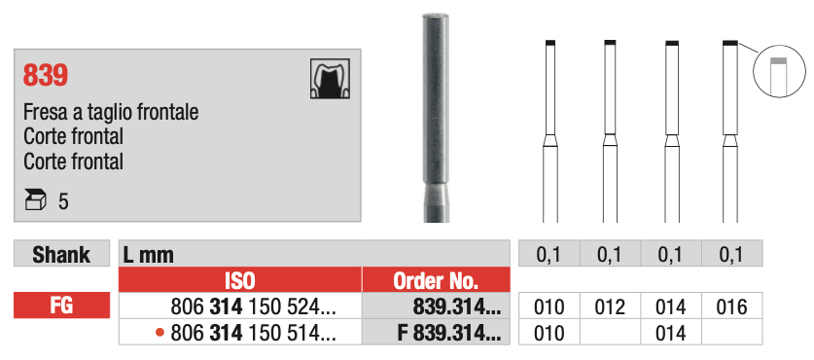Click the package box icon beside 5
pyautogui.click(x=35, y=201)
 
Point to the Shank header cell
pyautogui.click(x=61, y=255)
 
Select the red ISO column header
pyautogui.click(x=239, y=281)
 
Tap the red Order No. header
pyautogui.click(x=436, y=281)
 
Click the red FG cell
pyautogui.click(x=61, y=307)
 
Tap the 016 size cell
pyautogui.click(x=729, y=307)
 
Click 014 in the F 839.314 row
pyautogui.click(x=670, y=334)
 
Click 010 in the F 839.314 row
pyautogui.click(x=549, y=334)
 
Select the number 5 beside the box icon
pyautogui.click(x=63, y=202)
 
